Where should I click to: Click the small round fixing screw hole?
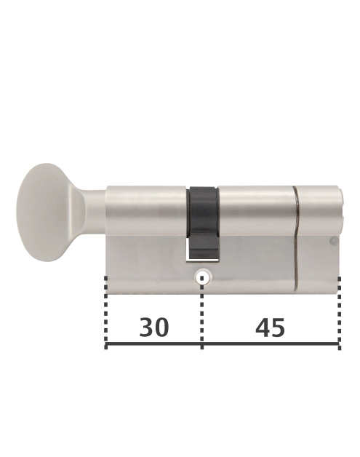tap(203, 277)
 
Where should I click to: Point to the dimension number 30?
tap(153, 327)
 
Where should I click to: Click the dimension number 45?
tap(270, 327)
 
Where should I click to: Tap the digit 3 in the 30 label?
tap(145, 327)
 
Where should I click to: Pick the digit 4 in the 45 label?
tap(261, 327)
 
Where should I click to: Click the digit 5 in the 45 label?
tap(279, 327)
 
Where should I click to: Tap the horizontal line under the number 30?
tap(153, 345)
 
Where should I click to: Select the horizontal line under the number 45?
tap(270, 345)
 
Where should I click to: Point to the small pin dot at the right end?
tap(333, 241)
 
